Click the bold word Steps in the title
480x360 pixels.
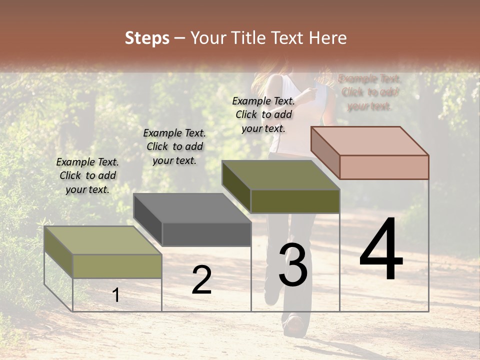click(147, 38)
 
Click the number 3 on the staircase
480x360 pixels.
click(292, 264)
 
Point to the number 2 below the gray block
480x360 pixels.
click(201, 280)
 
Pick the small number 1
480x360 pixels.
click(116, 295)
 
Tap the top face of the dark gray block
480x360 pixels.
click(192, 207)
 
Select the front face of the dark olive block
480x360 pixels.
click(295, 201)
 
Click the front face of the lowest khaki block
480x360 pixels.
click(117, 266)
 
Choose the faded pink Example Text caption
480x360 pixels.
click(369, 92)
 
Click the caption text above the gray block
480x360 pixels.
click(174, 146)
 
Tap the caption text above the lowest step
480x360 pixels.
click(87, 175)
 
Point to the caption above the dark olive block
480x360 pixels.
click(263, 114)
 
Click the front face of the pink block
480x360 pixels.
click(384, 167)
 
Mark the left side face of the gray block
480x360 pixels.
click(148, 219)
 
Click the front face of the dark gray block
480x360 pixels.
click(206, 234)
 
